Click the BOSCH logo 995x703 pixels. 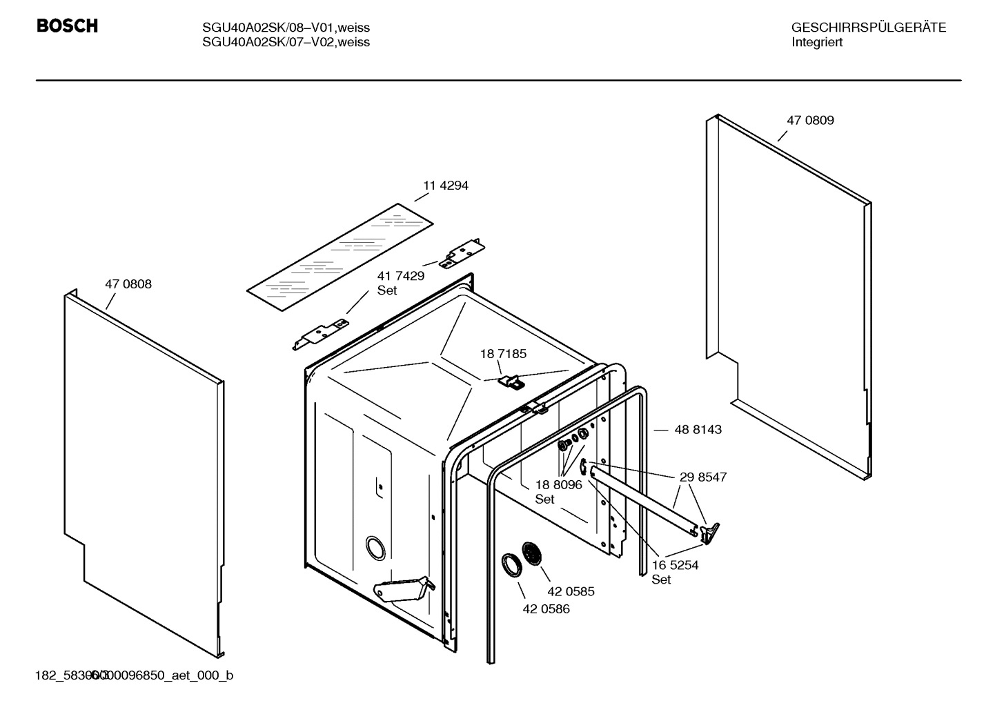(x=67, y=26)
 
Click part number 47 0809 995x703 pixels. (x=810, y=120)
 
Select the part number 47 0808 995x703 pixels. (x=128, y=284)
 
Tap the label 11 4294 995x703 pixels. (x=445, y=186)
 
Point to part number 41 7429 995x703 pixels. (x=400, y=276)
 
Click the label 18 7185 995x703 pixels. (x=503, y=354)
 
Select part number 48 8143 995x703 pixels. (x=698, y=429)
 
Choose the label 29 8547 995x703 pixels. (x=702, y=477)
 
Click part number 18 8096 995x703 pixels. (x=558, y=485)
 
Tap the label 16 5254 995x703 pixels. (x=675, y=565)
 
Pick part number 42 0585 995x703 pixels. (x=571, y=591)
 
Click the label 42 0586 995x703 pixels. (x=546, y=609)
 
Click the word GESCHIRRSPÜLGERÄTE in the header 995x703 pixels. (x=868, y=28)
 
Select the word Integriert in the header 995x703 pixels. (x=816, y=42)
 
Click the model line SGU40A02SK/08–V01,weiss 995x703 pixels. (x=286, y=28)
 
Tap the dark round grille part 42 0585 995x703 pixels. (x=532, y=554)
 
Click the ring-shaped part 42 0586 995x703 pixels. (x=512, y=564)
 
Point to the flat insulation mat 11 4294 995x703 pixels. (x=339, y=257)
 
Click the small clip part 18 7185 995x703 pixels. (x=509, y=381)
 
